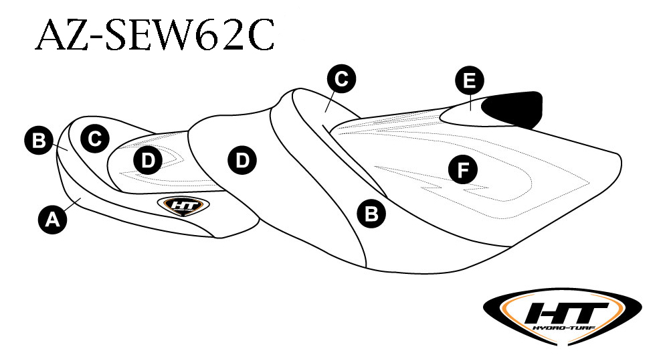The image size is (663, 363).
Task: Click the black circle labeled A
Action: coord(53,220)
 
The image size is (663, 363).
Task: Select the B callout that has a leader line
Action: coord(39,140)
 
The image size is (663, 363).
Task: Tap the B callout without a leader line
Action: coord(371,214)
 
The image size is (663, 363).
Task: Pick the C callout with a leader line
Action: coord(342,78)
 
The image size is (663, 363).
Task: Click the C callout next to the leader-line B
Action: coord(95,139)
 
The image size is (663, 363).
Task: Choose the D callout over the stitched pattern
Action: coord(148,160)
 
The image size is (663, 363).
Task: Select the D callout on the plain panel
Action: coord(242,160)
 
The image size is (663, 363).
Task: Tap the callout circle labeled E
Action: coord(470,80)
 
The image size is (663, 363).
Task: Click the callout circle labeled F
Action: coord(463,170)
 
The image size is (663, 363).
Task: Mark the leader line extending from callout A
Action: coord(72,204)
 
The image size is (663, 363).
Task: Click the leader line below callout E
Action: coord(470,102)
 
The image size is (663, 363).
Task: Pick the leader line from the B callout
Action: coord(60,147)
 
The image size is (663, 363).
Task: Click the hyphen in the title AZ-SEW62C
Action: coord(97,38)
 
